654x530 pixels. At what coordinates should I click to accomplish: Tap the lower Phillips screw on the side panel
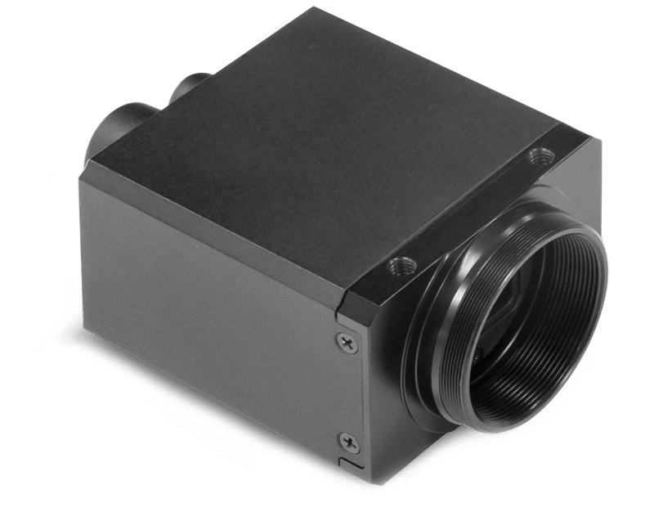[350, 442]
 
